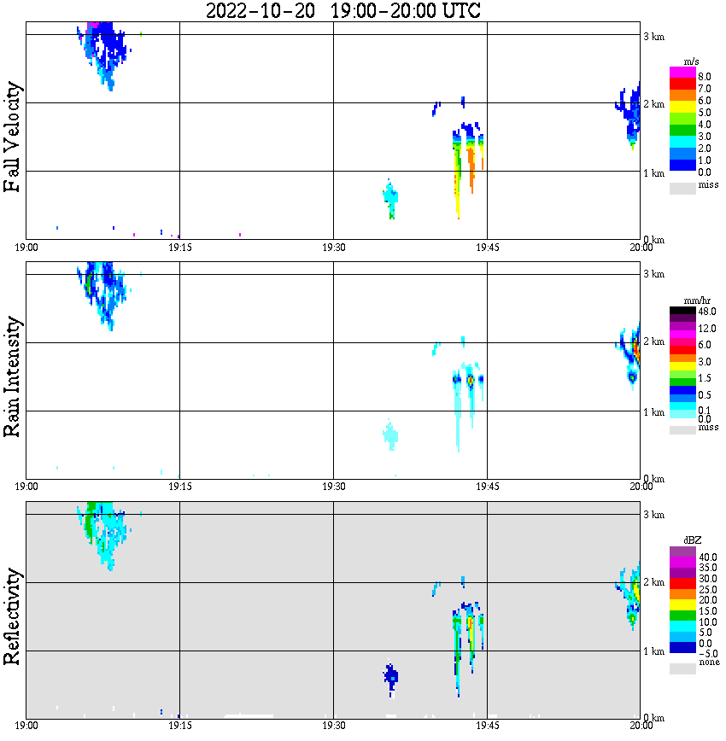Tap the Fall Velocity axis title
12,137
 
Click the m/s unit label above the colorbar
691,62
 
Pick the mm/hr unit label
691,301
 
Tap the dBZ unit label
691,542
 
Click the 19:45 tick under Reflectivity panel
487,726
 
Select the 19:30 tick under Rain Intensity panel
333,487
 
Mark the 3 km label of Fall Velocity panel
653,35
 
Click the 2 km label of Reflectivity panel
653,582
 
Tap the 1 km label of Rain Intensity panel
653,412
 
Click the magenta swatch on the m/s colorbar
682,73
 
